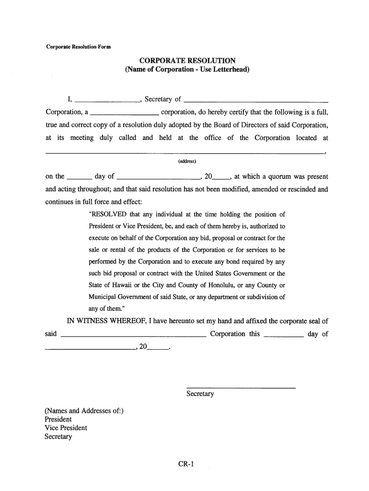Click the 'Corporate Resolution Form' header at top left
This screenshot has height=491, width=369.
point(78,47)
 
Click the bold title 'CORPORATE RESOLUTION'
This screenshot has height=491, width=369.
point(187,60)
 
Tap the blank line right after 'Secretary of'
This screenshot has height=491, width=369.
point(256,102)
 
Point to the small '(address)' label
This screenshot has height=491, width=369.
point(187,161)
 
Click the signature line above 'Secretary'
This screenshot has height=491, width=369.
point(240,387)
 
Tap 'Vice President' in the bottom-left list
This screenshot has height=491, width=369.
point(66,428)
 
